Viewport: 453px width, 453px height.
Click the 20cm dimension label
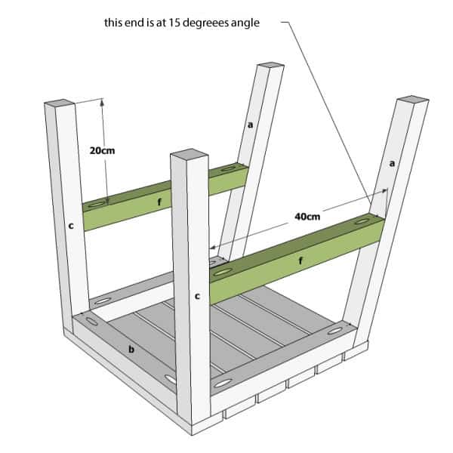(101, 151)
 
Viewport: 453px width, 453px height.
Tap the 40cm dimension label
(307, 217)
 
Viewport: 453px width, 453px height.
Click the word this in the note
(113, 23)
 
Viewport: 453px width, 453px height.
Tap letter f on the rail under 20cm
(159, 202)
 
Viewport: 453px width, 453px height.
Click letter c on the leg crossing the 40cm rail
(197, 297)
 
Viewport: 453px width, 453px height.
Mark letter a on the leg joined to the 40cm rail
(391, 162)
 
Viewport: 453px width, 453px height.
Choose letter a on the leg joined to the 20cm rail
(250, 125)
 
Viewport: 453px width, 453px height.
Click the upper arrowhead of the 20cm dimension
(103, 103)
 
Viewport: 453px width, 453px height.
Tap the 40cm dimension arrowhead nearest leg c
(214, 246)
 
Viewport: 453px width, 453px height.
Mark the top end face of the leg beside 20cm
(60, 103)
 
